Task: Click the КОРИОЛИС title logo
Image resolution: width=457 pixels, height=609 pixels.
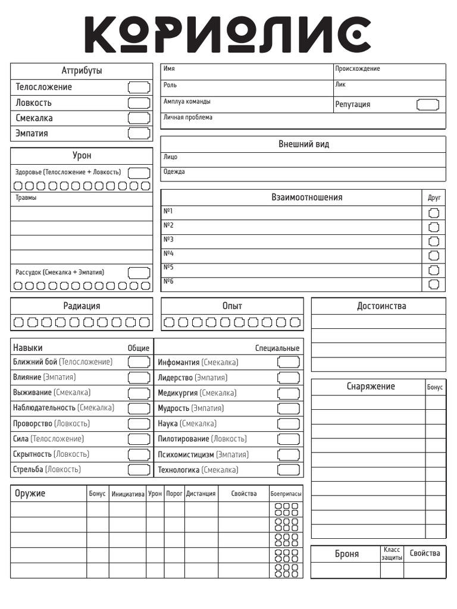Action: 228,33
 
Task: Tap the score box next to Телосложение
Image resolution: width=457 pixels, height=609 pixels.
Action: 139,87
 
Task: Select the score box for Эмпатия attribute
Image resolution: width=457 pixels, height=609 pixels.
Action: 139,133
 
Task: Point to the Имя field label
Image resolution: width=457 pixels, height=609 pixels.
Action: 169,69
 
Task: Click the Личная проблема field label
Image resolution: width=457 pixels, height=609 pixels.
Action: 187,117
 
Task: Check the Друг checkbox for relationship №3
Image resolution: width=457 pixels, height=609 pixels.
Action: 434,241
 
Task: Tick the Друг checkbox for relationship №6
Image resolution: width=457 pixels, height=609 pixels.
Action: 434,284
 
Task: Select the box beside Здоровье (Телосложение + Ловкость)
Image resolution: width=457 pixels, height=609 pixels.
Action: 139,172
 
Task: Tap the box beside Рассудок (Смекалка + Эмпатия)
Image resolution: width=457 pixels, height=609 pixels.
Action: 139,272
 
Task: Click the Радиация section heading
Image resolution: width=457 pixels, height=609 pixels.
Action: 82,306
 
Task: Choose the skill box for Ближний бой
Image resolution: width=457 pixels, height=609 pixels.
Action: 139,362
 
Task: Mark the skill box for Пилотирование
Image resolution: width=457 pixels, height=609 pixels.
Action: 289,439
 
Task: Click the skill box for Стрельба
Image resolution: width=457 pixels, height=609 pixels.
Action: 139,470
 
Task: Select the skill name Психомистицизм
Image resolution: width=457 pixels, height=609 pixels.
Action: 185,454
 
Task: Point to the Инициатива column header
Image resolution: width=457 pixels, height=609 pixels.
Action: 127,494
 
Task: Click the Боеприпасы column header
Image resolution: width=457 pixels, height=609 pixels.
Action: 286,494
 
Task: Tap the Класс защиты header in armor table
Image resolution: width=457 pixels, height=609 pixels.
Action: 392,554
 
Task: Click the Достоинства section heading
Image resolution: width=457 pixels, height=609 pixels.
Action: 381,306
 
